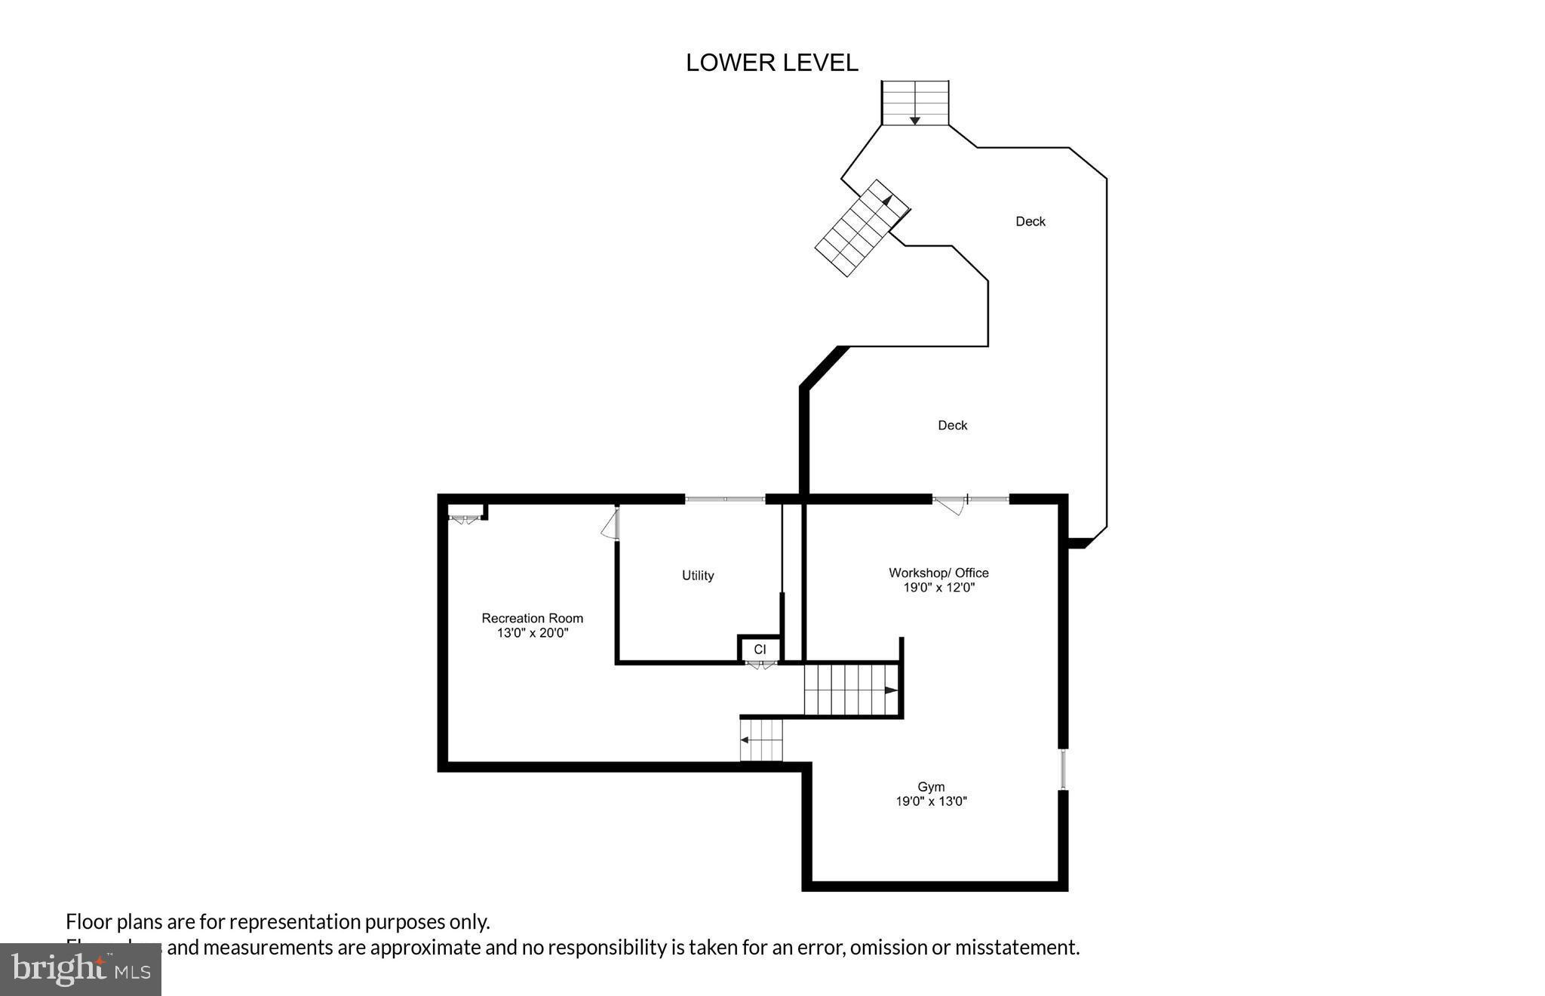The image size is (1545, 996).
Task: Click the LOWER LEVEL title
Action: coord(772,63)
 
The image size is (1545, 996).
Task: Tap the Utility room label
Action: coord(698,576)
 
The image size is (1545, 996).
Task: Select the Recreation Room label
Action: coord(532,618)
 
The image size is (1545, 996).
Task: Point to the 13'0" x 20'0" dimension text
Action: coord(532,633)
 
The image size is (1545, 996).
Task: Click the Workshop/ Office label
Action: coord(938,573)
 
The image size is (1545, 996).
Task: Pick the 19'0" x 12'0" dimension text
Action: coord(938,588)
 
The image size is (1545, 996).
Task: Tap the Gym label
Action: coord(931,786)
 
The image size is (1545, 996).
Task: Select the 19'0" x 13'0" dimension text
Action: coord(931,801)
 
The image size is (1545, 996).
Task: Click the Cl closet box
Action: coord(759,649)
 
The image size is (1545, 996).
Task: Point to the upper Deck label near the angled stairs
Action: coord(1030,221)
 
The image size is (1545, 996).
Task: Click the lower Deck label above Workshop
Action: coord(952,426)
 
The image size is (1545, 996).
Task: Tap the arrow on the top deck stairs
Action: coord(914,119)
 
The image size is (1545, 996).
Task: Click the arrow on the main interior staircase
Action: coord(891,690)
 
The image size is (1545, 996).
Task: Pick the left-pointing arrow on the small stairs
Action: coord(745,740)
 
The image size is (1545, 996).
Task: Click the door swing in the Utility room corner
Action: coord(610,524)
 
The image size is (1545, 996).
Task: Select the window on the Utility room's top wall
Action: coord(724,499)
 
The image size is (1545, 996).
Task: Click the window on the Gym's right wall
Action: coord(1063,769)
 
